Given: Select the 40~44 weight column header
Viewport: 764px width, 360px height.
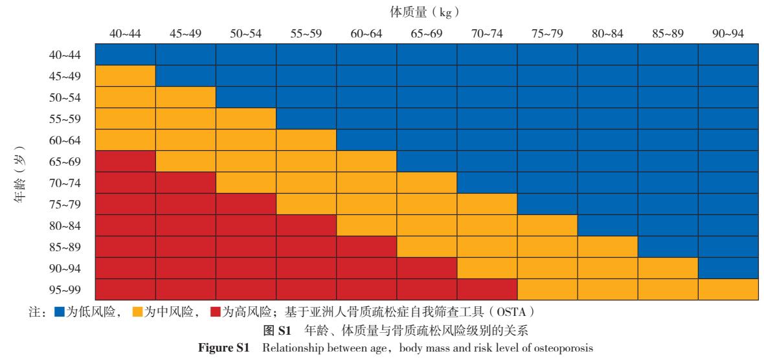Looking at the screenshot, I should pyautogui.click(x=125, y=34).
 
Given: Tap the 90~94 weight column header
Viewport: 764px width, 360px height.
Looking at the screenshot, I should pyautogui.click(x=728, y=34).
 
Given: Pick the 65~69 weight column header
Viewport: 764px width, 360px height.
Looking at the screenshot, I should pyautogui.click(x=427, y=34).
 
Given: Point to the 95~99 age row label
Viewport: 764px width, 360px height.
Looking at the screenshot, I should pyautogui.click(x=65, y=289).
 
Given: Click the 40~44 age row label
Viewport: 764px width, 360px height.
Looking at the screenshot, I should pyautogui.click(x=65, y=54).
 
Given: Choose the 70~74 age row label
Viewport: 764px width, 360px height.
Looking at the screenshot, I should pyautogui.click(x=65, y=183).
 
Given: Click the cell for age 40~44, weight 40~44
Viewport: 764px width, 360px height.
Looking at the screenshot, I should pyautogui.click(x=125, y=54).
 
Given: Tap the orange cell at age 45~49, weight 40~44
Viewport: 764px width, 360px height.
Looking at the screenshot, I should pyautogui.click(x=125, y=76).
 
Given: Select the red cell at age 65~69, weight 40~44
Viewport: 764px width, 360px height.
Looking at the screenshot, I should pyautogui.click(x=125, y=161).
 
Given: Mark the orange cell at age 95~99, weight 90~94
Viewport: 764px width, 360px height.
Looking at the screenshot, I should pyautogui.click(x=728, y=289).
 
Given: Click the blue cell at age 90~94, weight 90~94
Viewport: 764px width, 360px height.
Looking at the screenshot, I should pyautogui.click(x=728, y=268).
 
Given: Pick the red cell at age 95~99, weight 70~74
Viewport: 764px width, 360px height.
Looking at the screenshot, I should pyautogui.click(x=487, y=289).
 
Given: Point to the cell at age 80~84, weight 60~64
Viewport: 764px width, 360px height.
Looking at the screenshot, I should pyautogui.click(x=366, y=225).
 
